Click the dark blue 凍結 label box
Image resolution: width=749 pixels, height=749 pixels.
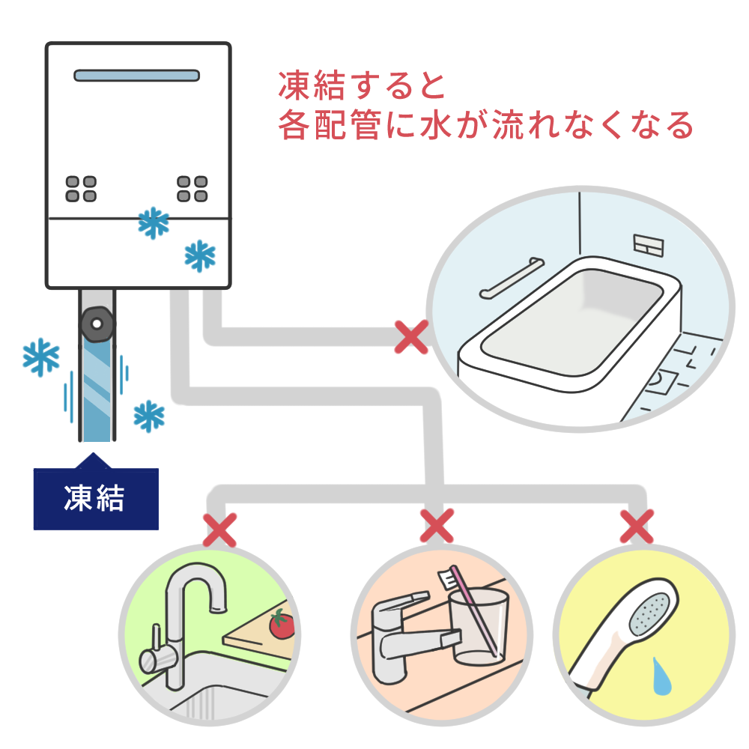tap(96, 499)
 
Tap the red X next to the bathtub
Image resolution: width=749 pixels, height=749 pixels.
tap(411, 337)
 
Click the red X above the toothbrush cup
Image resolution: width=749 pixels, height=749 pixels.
tap(437, 527)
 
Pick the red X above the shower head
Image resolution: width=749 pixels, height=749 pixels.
tap(636, 527)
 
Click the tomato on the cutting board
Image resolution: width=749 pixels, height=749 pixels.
tap(282, 624)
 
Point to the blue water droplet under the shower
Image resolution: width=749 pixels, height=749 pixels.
tap(661, 676)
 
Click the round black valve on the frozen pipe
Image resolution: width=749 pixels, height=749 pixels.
tap(96, 324)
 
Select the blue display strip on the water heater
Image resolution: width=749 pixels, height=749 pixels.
tap(137, 75)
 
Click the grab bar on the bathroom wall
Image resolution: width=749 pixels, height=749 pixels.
tap(509, 279)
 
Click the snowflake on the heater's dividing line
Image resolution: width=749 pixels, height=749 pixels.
tap(154, 222)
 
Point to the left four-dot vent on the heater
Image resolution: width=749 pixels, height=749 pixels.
tap(81, 189)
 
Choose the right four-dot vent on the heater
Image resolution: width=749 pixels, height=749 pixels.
tap(192, 189)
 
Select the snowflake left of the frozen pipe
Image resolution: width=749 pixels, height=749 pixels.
tap(41, 357)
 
